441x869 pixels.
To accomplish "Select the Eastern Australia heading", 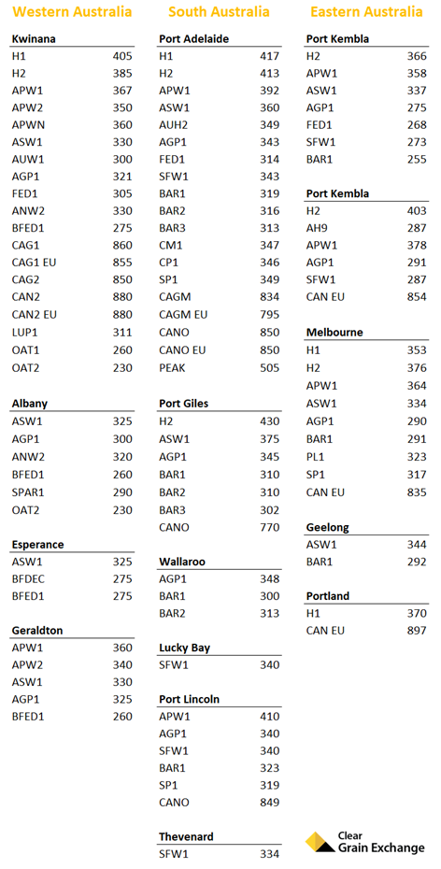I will (365, 12).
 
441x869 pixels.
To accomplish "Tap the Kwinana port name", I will (34, 39).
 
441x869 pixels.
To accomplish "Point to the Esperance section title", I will (37, 545).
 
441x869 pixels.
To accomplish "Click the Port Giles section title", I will (183, 404).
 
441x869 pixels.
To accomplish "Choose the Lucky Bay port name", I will (184, 648).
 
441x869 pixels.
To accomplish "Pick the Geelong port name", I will (327, 527).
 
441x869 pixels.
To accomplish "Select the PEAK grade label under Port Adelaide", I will (172, 368).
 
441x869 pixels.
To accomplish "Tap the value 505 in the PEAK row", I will (269, 368).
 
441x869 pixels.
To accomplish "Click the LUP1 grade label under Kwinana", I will (25, 333).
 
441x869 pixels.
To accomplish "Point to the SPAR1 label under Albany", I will (28, 491).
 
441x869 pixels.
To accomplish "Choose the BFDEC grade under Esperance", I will (29, 579).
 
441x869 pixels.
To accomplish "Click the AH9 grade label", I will (318, 228).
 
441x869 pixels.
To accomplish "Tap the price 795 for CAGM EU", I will (269, 315).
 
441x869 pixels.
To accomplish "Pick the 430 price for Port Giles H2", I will (269, 421).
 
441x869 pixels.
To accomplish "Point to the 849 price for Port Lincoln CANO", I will (269, 802).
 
